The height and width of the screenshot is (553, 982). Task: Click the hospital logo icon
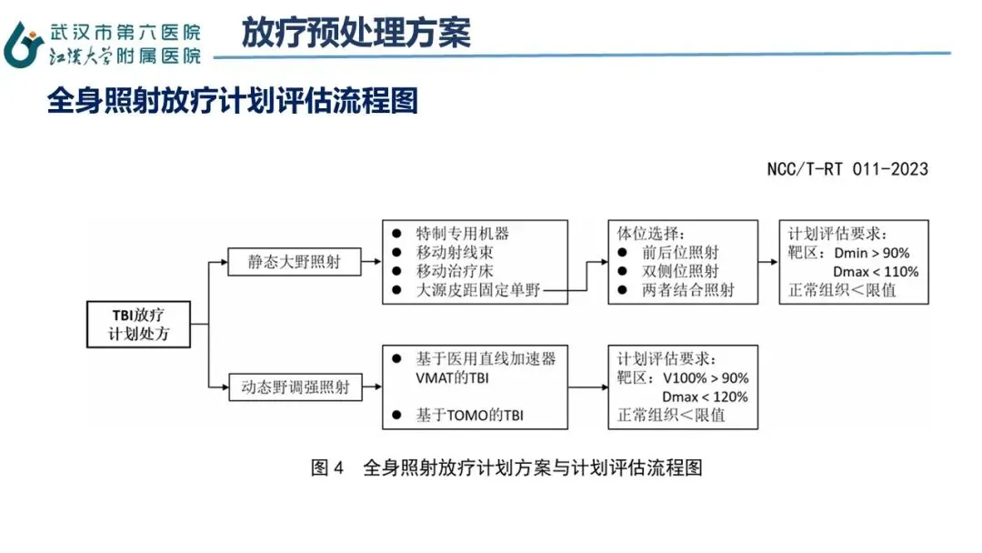(23, 45)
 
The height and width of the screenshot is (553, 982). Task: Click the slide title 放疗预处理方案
(356, 33)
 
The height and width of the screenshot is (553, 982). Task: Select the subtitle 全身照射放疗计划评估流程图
(233, 100)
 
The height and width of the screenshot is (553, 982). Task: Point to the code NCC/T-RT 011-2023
(847, 169)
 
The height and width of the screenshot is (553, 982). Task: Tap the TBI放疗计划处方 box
(138, 325)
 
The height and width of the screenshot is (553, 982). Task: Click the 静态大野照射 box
(295, 262)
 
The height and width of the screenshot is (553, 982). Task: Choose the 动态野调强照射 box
(295, 387)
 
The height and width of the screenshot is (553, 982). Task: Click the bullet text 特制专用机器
(462, 234)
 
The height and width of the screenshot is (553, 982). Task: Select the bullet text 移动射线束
(455, 252)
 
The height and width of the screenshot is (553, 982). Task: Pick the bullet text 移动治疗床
(455, 271)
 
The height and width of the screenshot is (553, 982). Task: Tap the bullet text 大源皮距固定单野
(478, 290)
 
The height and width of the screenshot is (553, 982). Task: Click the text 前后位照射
(680, 252)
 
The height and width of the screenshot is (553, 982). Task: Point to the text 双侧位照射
(680, 271)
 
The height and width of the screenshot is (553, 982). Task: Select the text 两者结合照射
(687, 290)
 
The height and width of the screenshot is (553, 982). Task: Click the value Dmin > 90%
(872, 253)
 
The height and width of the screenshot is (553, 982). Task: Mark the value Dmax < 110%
(876, 272)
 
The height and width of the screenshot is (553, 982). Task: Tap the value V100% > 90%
(706, 378)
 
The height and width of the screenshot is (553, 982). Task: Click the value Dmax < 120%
(706, 397)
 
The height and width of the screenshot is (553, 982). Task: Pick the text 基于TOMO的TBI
(470, 416)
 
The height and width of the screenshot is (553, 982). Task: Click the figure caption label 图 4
(327, 468)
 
